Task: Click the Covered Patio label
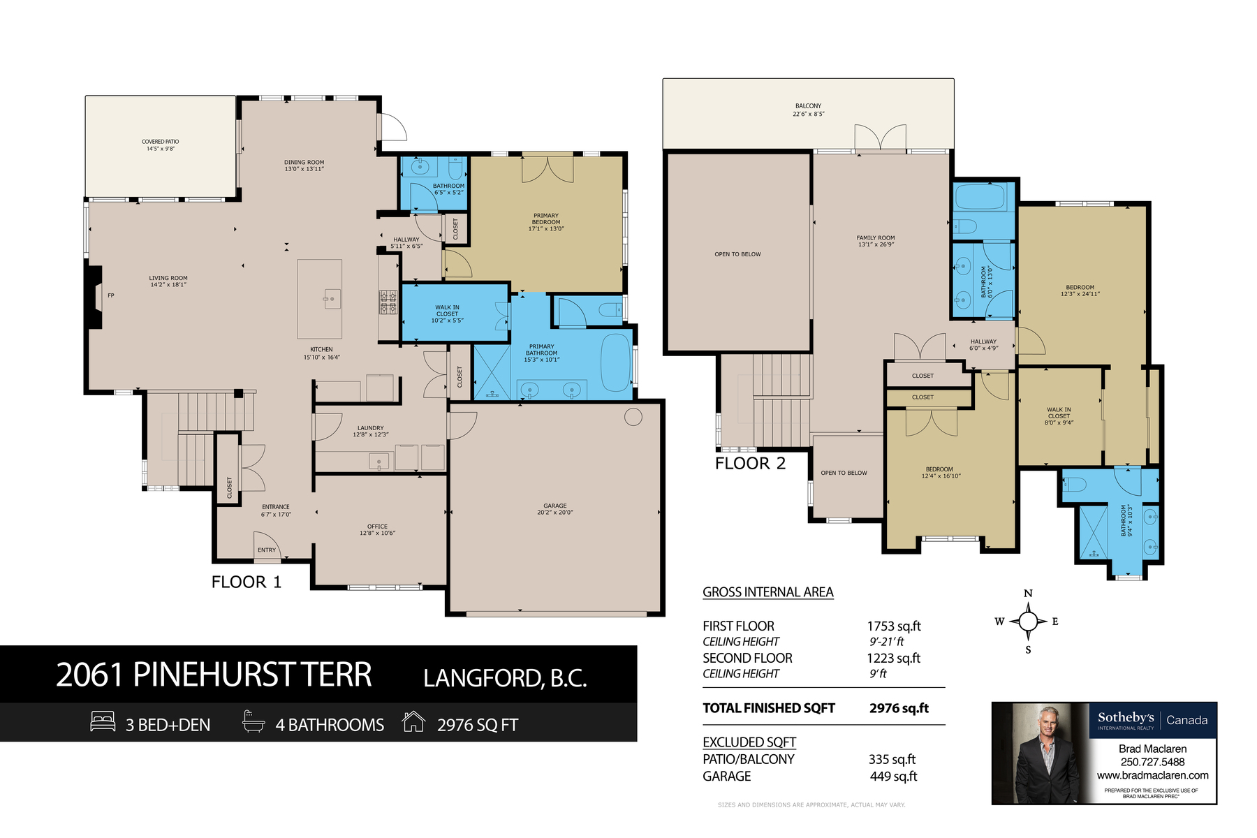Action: [161, 145]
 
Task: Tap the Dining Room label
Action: [304, 166]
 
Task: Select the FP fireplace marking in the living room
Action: [110, 295]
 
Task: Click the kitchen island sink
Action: [332, 299]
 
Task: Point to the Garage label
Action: [555, 509]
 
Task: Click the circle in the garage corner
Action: [633, 417]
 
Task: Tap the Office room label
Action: [378, 529]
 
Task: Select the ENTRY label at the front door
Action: [267, 550]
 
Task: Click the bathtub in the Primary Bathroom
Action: [616, 362]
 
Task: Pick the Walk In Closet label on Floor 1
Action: [448, 314]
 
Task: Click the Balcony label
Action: [809, 110]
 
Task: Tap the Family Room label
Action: [876, 241]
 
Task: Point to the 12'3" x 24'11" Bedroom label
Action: [1080, 291]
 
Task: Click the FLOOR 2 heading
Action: [750, 464]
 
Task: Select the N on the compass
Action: [1028, 594]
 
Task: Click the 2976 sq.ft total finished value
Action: [899, 708]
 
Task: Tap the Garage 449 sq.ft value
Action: [893, 777]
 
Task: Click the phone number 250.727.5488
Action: [1152, 762]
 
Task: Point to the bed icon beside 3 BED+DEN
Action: [103, 721]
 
